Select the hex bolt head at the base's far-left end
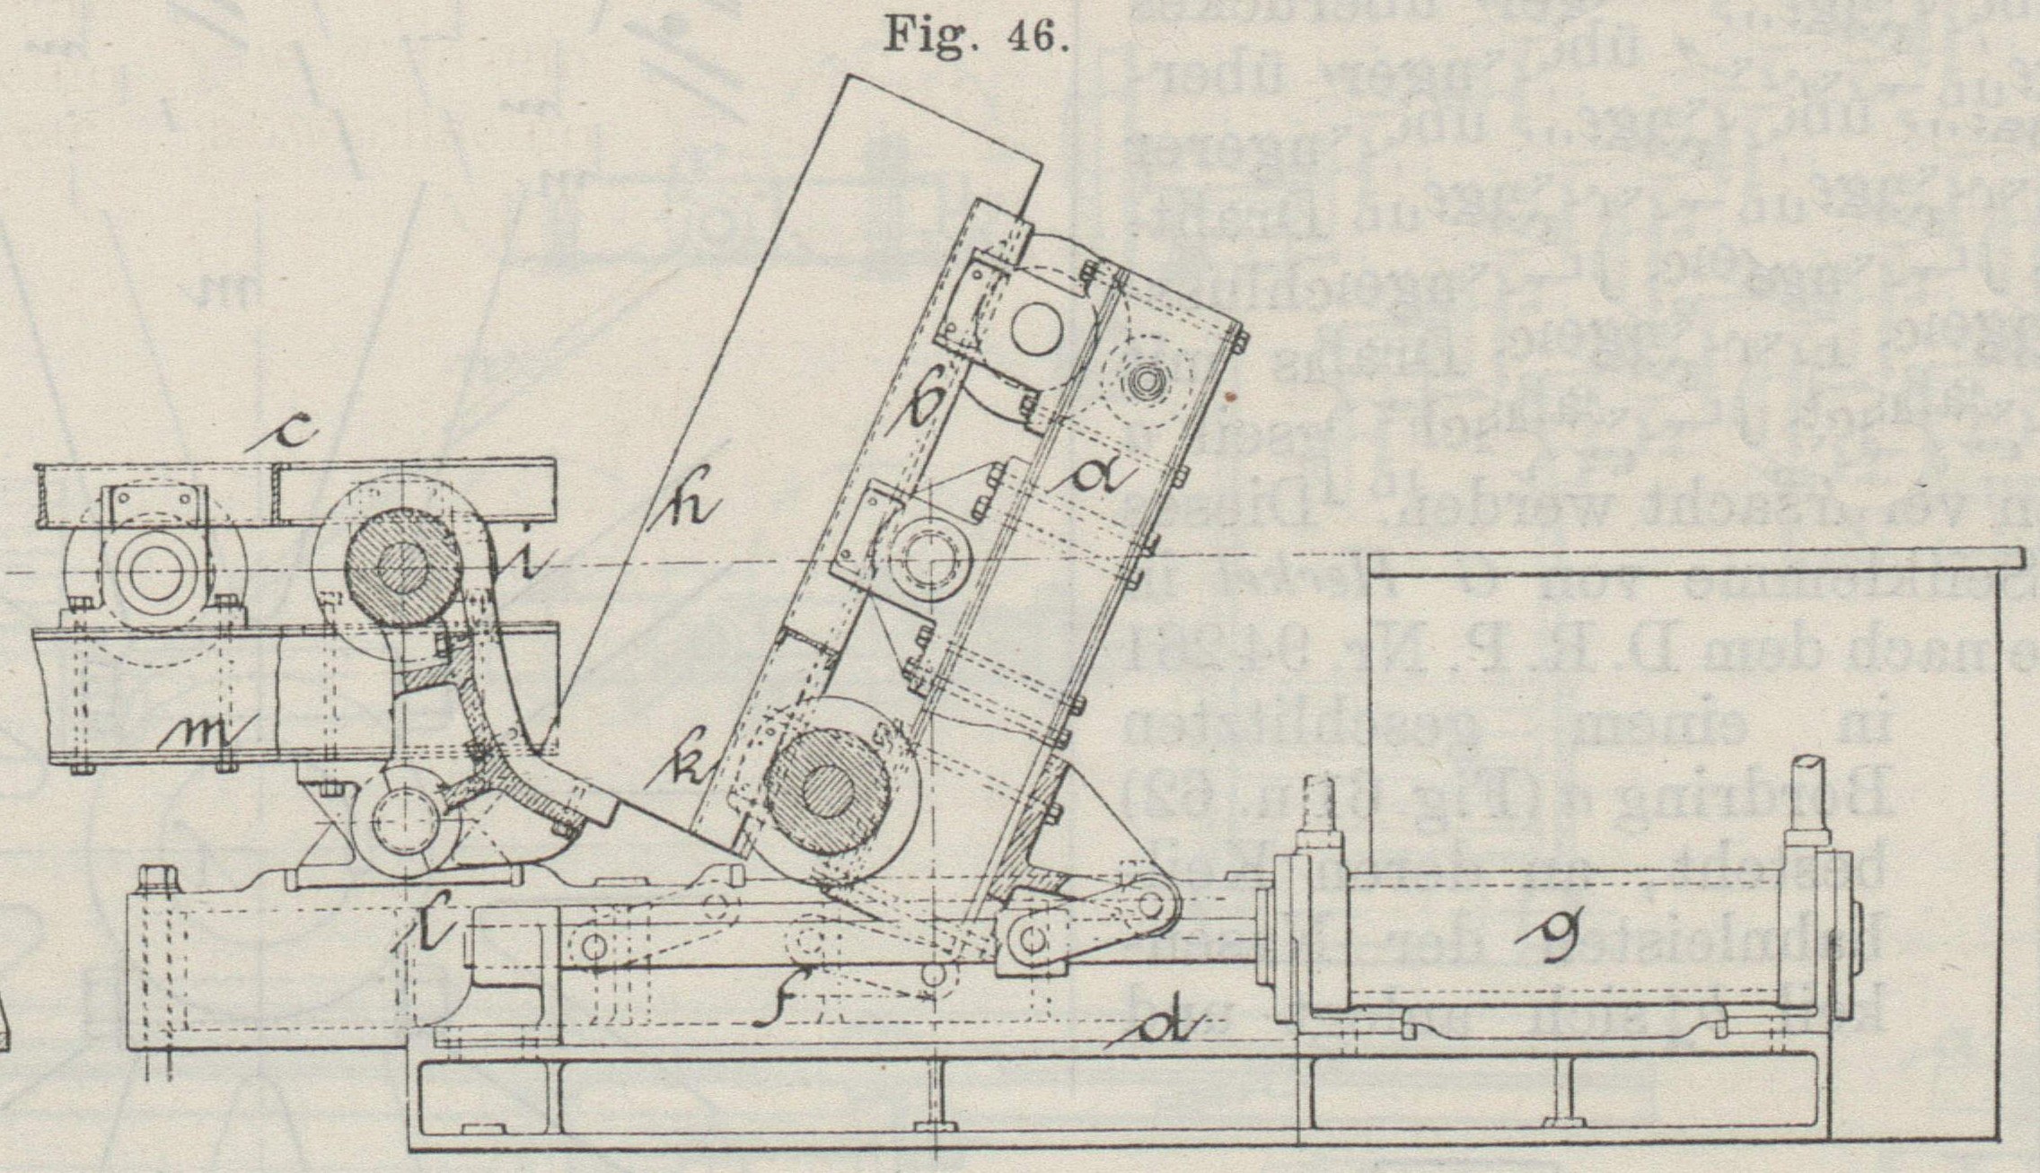pyautogui.click(x=158, y=878)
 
